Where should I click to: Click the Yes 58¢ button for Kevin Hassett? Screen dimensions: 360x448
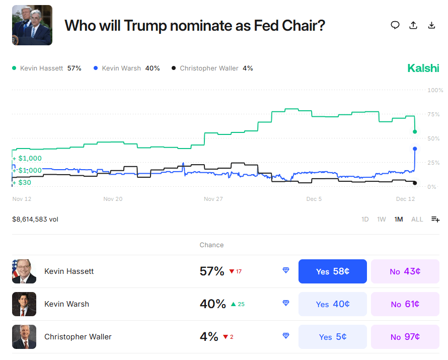tap(332, 271)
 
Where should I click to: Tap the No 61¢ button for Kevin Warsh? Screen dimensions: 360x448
tap(405, 304)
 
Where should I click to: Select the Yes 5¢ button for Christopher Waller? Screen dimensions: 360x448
tap(332, 337)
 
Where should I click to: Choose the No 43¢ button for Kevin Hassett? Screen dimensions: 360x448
tap(405, 271)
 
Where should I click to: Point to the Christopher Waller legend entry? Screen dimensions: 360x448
tap(212, 68)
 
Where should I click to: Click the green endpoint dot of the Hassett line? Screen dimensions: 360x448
tap(415, 132)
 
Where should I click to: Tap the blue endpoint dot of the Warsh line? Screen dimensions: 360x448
tap(415, 149)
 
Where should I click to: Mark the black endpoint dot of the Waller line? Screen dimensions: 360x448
tap(415, 183)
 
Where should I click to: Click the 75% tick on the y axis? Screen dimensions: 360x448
tap(433, 114)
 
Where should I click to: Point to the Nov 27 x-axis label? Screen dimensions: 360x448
tap(213, 199)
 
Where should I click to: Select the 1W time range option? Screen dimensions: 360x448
tap(382, 219)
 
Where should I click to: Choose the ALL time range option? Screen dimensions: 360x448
tap(417, 219)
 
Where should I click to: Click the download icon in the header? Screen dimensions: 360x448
tap(431, 25)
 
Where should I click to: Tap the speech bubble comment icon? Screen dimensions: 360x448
tap(395, 25)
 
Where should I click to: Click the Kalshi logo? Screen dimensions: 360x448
tap(423, 68)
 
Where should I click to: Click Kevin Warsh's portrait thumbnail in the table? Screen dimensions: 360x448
tap(24, 304)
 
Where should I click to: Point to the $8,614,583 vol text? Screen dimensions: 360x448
tap(35, 219)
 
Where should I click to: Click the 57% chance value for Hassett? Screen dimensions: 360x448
tap(212, 271)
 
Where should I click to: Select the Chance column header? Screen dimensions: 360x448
tap(211, 245)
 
